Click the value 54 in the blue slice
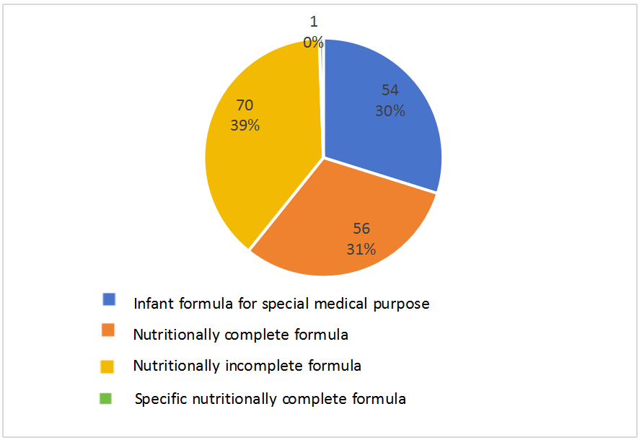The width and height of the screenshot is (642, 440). coord(390,90)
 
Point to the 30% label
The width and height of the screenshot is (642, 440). coord(390,111)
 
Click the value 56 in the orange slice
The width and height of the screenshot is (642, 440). coord(361,229)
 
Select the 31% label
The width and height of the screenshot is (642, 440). coord(361,250)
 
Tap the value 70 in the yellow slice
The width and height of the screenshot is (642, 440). coord(245,105)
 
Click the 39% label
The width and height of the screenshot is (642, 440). coord(245,126)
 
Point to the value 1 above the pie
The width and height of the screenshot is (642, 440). coord(313,22)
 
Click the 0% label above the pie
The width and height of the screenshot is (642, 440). coord(313,43)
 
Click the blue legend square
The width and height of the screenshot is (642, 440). coord(109,299)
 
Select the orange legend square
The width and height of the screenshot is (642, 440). coord(109,330)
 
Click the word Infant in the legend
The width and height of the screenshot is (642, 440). coord(152,304)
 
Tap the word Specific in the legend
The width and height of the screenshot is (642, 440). coord(157,398)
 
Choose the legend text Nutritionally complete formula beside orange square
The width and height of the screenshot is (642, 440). coord(240,335)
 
